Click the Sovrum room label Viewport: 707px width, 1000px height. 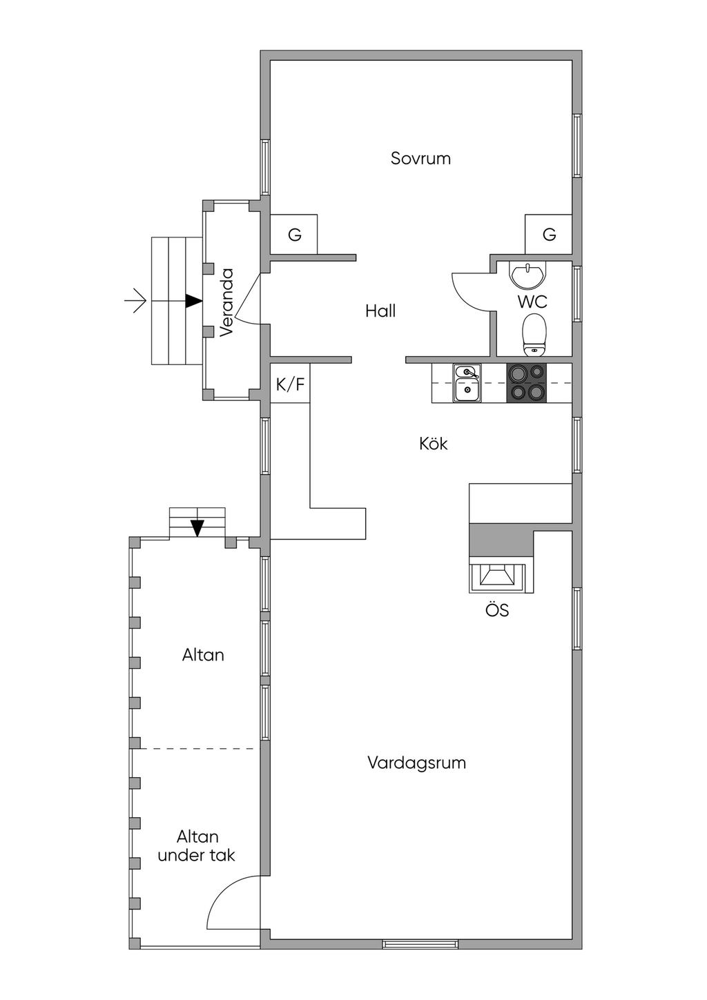tap(420, 159)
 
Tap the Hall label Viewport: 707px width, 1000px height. tap(380, 311)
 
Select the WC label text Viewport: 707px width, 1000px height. tap(532, 302)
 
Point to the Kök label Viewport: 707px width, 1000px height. tap(433, 443)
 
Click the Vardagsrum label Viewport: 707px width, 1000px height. tap(416, 763)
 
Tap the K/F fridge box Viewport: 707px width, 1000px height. tap(290, 384)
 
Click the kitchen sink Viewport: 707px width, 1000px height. tap(467, 383)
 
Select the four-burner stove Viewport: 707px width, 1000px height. tap(527, 383)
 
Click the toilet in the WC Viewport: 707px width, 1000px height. tap(534, 334)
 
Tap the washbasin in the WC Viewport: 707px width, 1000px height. tap(527, 274)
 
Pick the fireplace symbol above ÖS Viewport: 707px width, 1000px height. tap(496, 576)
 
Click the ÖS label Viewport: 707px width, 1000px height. tap(496, 610)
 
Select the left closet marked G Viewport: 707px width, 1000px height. tap(294, 235)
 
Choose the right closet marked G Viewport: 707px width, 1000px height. tap(549, 235)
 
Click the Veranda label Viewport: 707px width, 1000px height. tap(227, 302)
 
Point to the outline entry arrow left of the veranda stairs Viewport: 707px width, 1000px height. tap(136, 302)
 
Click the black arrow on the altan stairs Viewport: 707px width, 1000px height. tap(197, 528)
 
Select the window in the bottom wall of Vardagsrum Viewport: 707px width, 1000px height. tap(420, 943)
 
